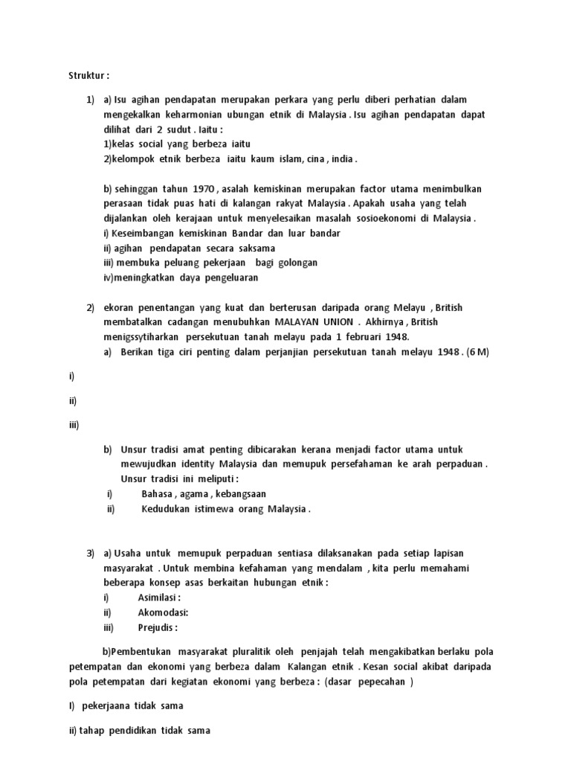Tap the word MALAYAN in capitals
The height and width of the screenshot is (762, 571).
pos(295,322)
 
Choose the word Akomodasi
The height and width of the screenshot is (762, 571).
pos(163,612)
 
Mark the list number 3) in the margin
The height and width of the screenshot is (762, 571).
pos(91,553)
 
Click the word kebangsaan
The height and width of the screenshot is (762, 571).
pos(240,493)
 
